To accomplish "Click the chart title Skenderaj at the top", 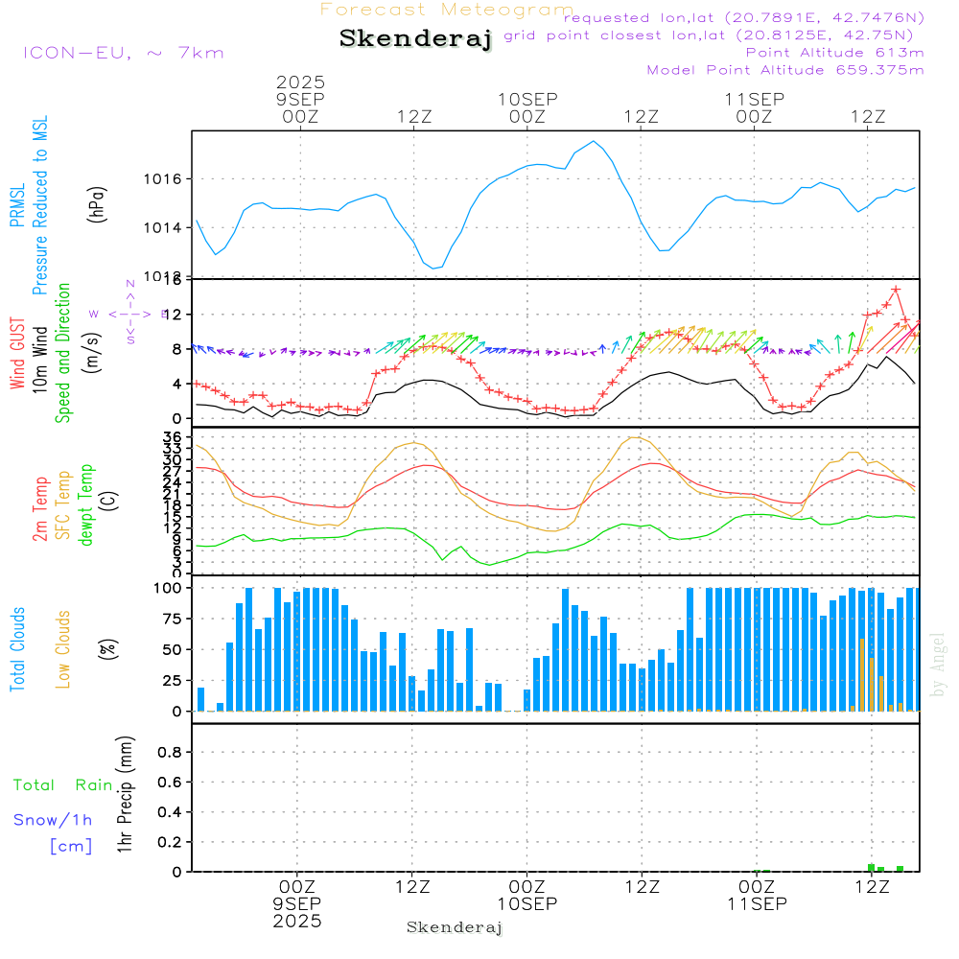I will pyautogui.click(x=415, y=39).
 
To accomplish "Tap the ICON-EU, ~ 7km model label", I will pyautogui.click(x=123, y=53).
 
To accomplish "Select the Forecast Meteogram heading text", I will pyautogui.click(x=447, y=10).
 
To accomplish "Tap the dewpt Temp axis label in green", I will pyautogui.click(x=87, y=505).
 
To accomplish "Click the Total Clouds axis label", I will pyautogui.click(x=17, y=649).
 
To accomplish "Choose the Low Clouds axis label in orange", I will pyautogui.click(x=63, y=649).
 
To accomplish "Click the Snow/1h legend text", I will pyautogui.click(x=54, y=820).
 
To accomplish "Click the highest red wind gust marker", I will pyautogui.click(x=896, y=289).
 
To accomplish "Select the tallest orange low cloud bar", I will pyautogui.click(x=863, y=674).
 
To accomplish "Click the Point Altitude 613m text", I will pyautogui.click(x=834, y=53).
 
